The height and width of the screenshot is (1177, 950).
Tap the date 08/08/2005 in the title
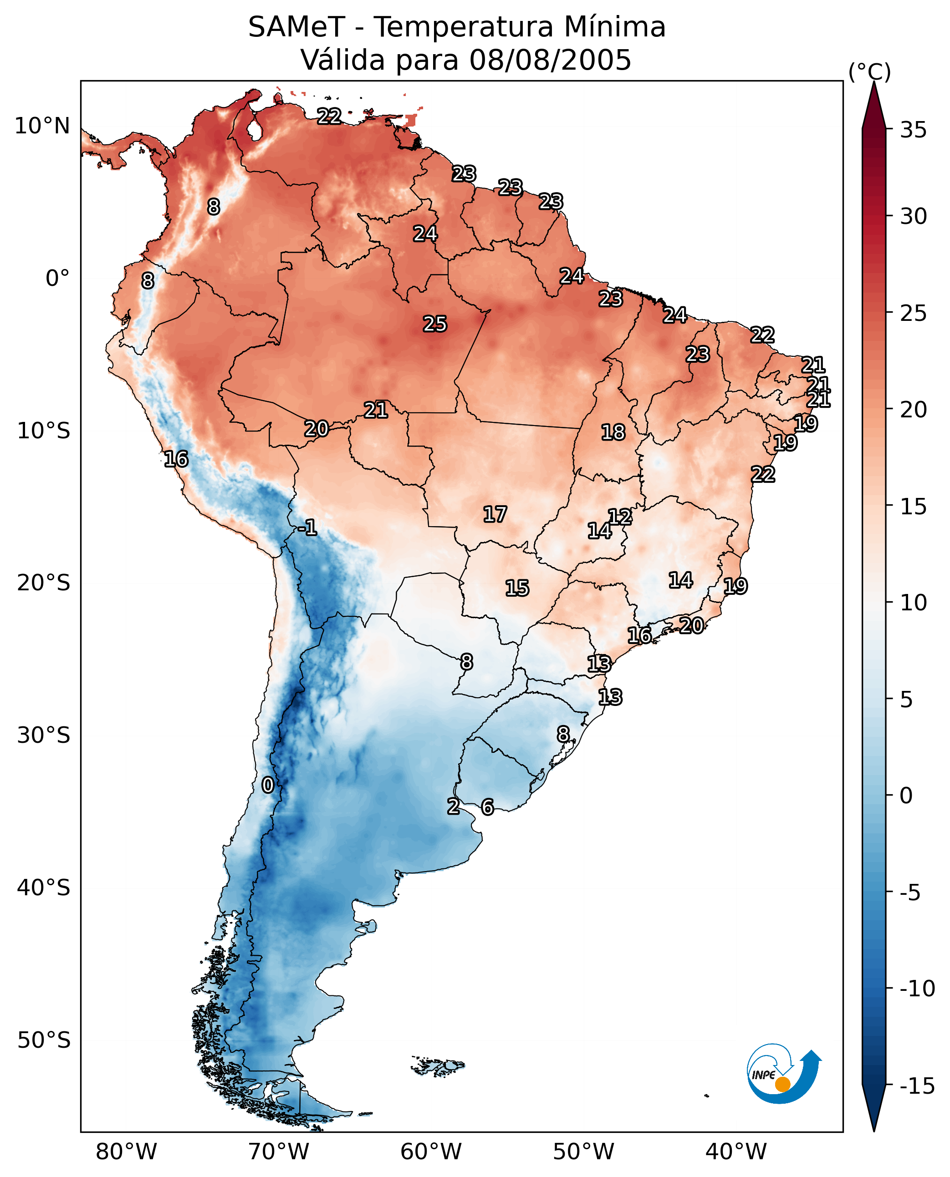click(x=550, y=60)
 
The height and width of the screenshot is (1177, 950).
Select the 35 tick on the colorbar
click(x=913, y=130)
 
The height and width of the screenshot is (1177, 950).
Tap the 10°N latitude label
click(x=42, y=127)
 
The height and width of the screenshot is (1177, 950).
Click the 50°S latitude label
click(x=44, y=1040)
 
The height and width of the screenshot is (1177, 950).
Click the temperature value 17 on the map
click(x=495, y=514)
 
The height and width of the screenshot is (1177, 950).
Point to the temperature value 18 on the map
click(x=613, y=433)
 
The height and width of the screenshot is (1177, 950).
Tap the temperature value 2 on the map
click(x=453, y=806)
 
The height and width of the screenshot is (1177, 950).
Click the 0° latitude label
click(x=57, y=279)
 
